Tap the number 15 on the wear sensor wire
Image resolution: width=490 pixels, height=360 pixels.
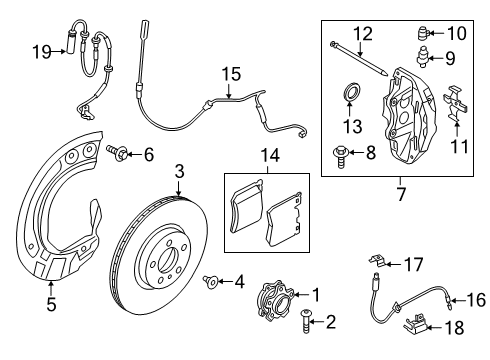point(230,72)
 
